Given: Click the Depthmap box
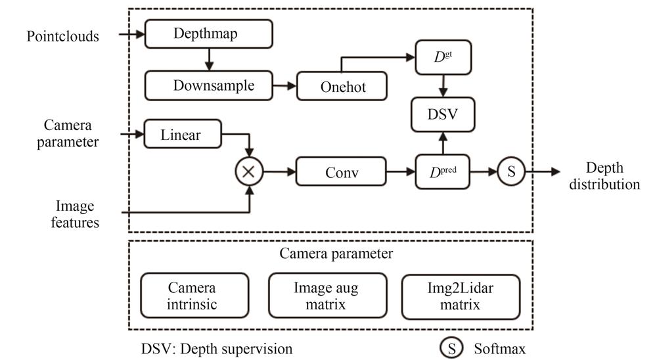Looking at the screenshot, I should pyautogui.click(x=208, y=34).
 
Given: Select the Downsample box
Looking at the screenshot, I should pyautogui.click(x=208, y=85).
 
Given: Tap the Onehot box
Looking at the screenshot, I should pyautogui.click(x=342, y=86).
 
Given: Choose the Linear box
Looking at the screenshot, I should pyautogui.click(x=181, y=135).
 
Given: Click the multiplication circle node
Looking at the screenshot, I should pyautogui.click(x=250, y=172).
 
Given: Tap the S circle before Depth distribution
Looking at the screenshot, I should pyautogui.click(x=510, y=172).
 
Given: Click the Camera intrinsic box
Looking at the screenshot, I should pyautogui.click(x=195, y=296).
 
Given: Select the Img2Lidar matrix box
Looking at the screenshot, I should pyautogui.click(x=461, y=296).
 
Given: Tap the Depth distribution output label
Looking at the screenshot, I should pyautogui.click(x=604, y=175).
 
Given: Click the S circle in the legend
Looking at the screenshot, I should pyautogui.click(x=452, y=348).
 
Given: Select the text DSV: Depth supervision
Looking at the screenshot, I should pyautogui.click(x=217, y=348).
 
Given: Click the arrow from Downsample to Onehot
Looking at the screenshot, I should pyautogui.click(x=284, y=86).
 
